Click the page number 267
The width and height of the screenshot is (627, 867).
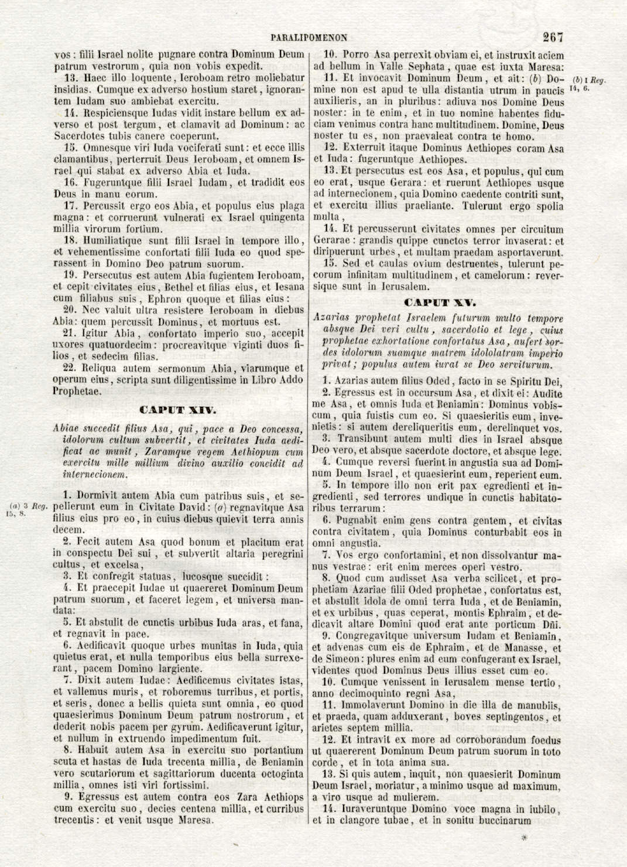click(552, 37)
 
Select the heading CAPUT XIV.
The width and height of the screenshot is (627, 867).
click(178, 410)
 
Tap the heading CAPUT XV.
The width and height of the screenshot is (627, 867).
click(440, 303)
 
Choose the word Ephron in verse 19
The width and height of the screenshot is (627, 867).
click(165, 299)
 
